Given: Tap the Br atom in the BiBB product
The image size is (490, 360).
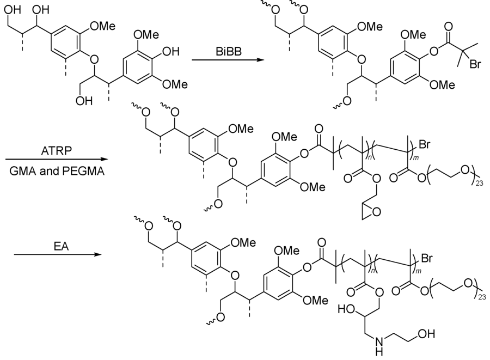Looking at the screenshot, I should (x=475, y=63).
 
